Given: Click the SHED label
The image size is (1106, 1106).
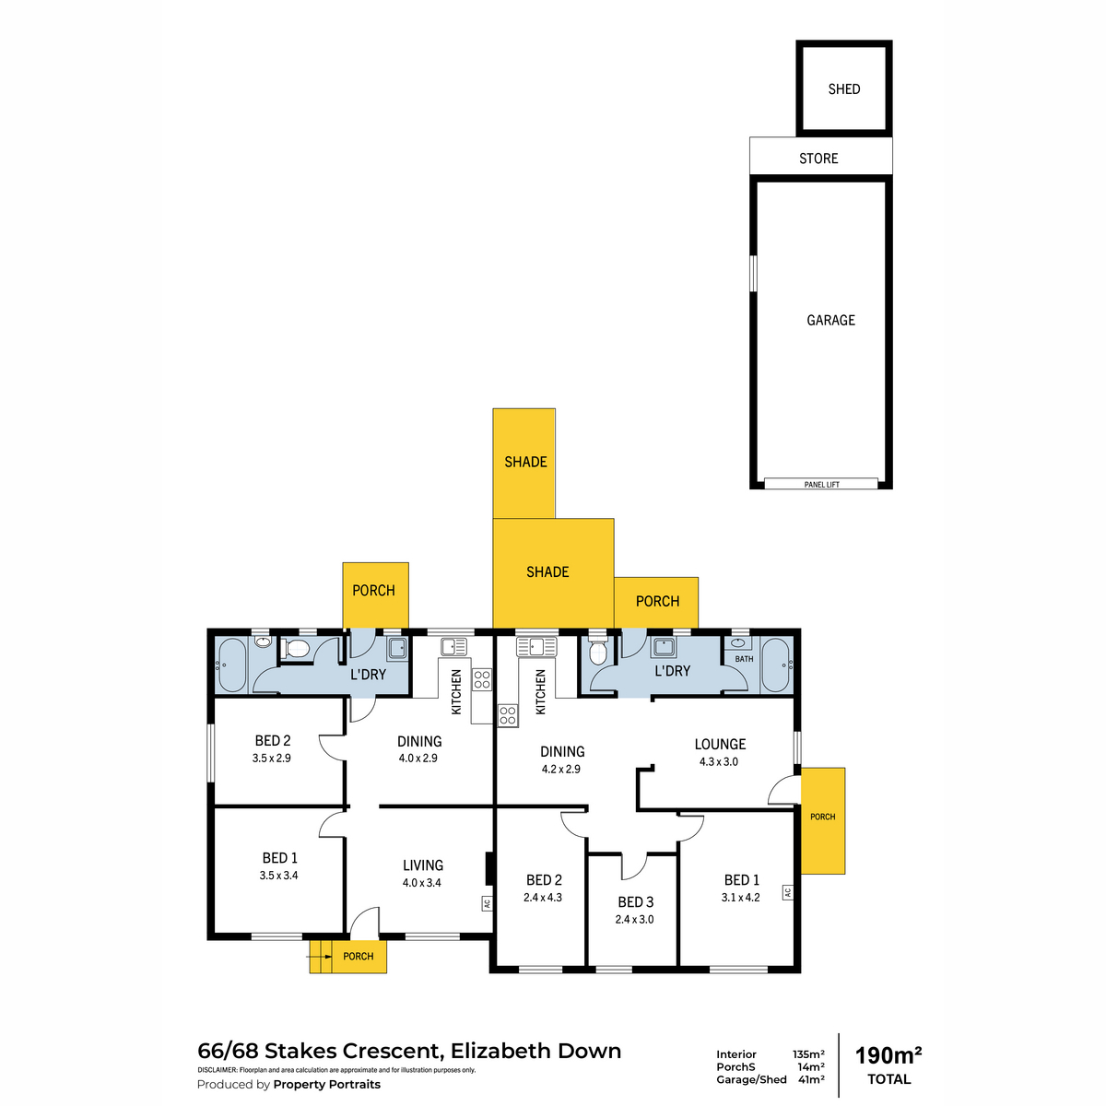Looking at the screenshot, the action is click(x=843, y=89).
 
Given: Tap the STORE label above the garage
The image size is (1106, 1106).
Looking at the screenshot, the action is click(x=818, y=159).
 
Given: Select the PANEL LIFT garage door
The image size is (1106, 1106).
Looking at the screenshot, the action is click(x=821, y=484).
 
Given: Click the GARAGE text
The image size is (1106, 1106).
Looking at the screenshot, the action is click(x=830, y=320).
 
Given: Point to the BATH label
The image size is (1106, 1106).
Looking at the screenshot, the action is click(x=744, y=659).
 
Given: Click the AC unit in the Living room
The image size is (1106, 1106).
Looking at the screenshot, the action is click(x=487, y=903).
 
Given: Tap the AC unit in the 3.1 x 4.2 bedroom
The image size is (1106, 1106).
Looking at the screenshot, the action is click(x=787, y=892).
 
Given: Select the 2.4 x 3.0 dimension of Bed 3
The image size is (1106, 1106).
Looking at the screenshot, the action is click(x=634, y=920).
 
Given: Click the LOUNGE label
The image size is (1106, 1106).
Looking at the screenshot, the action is click(x=720, y=745).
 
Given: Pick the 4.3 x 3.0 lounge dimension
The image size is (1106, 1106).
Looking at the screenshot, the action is click(x=719, y=761).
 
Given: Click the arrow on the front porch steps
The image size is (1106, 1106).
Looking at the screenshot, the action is click(x=319, y=957).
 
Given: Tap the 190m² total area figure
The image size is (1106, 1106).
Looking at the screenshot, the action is click(x=888, y=1055).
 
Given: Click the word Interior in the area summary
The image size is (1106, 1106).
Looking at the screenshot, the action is click(x=735, y=1054).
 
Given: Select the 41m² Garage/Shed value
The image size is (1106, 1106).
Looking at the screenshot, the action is click(x=811, y=1079).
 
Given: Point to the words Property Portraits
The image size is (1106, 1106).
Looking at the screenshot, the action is click(x=326, y=1084).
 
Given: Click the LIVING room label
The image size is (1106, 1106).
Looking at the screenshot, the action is click(x=422, y=865).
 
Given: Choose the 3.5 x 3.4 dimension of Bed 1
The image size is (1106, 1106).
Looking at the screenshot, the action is click(x=278, y=876).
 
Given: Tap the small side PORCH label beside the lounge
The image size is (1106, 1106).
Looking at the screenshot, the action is click(x=822, y=817).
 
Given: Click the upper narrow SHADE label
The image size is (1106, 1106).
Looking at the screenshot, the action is click(x=525, y=462).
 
